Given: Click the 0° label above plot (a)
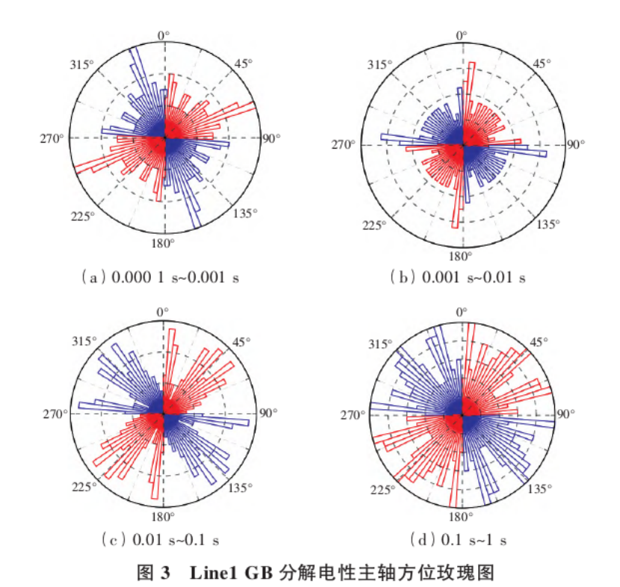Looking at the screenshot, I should pos(164,34).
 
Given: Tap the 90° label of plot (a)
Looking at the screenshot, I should pos(269,138).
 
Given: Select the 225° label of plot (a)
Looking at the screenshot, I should pos(82,217).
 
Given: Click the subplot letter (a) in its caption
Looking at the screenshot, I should pos(93,277).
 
